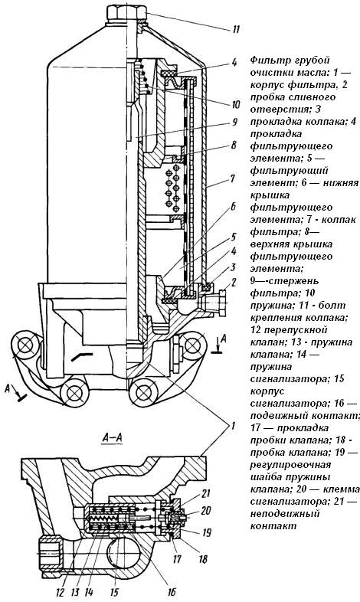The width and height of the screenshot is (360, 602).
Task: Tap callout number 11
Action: [236, 29]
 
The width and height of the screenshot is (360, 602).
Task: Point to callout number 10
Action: [236, 104]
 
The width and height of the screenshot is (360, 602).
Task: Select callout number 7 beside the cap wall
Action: [233, 178]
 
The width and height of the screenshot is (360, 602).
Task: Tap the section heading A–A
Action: [112, 437]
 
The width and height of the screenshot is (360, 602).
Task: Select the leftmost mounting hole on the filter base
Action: [25, 345]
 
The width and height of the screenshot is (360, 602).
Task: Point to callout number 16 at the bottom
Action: [172, 591]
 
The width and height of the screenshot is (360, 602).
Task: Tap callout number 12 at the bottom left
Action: [61, 591]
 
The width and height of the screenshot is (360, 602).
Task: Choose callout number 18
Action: [203, 558]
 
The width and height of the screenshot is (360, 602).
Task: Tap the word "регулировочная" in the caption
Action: [290, 465]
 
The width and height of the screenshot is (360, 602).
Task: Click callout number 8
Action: [234, 146]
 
